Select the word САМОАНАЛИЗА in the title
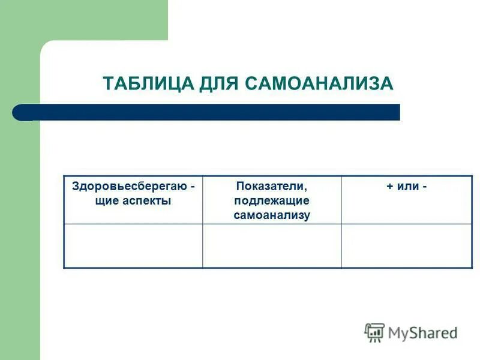pos(319,83)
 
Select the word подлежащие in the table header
pos(272,201)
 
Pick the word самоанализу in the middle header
pos(272,215)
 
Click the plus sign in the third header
pos(389,187)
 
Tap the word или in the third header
pos(407,187)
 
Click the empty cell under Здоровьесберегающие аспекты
pos(133,245)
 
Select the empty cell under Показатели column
pos(272,245)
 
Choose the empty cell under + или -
pos(406,245)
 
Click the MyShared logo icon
pos(375,332)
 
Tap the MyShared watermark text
pos(422,332)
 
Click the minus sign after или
pos(424,187)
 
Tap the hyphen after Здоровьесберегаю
pos(193,187)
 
